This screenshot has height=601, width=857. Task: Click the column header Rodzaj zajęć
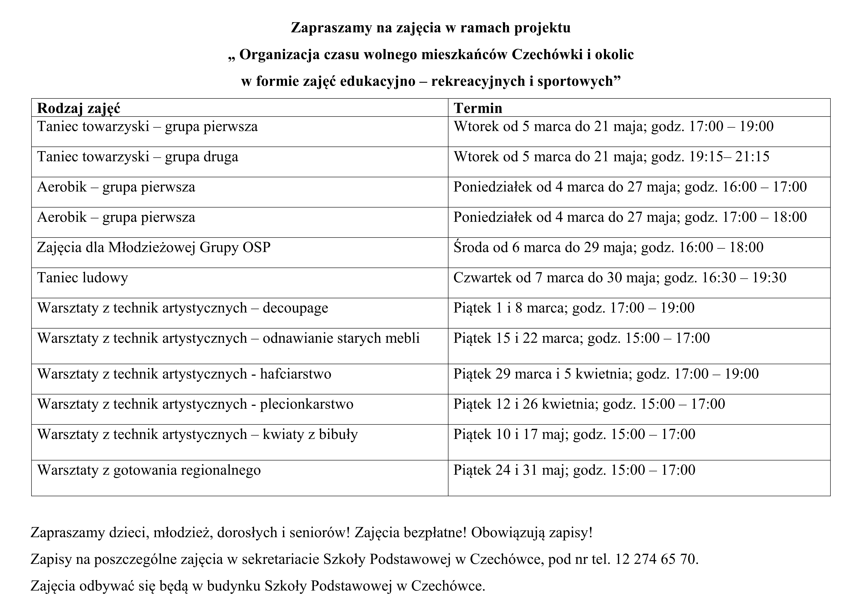(79, 108)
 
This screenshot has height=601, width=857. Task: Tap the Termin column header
(478, 108)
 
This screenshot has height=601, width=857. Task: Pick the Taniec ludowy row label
(83, 278)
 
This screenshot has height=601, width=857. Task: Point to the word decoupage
(295, 308)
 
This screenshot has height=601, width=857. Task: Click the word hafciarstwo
(296, 374)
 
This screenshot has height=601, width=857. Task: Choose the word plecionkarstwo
(306, 404)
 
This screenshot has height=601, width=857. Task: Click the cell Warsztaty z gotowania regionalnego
(149, 470)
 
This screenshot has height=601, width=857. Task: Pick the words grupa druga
(202, 157)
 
